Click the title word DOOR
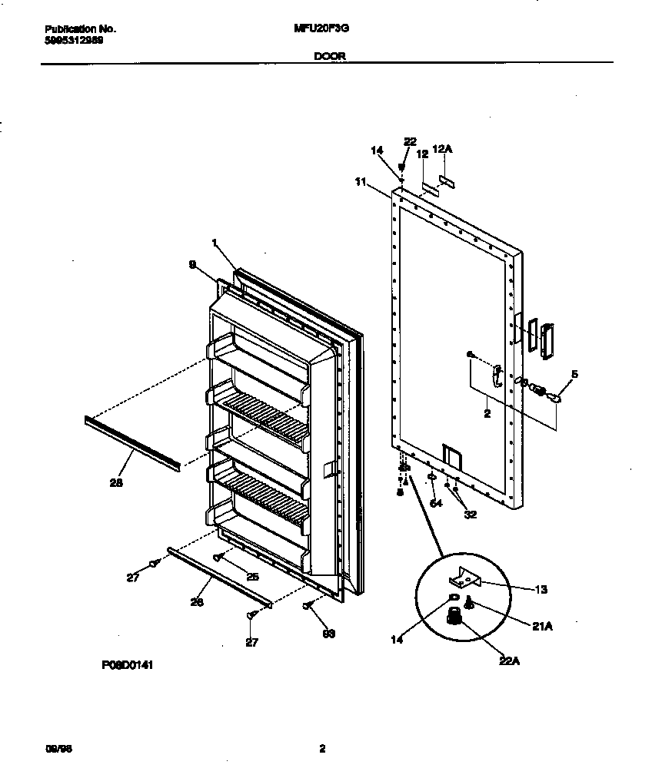[328, 56]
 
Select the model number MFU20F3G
[317, 28]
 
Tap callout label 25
[251, 576]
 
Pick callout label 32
[469, 514]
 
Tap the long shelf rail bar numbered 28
[132, 443]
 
